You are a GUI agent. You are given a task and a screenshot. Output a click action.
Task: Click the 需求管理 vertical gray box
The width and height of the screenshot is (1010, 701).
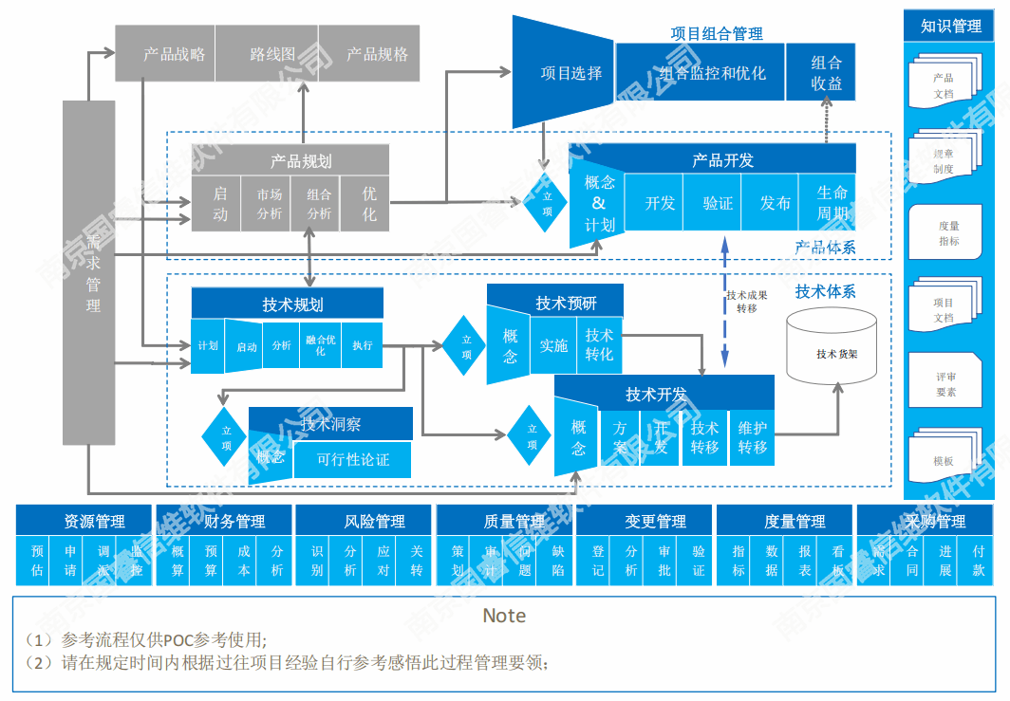pos(88,272)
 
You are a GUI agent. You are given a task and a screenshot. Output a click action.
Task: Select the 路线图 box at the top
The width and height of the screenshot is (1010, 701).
pos(268,54)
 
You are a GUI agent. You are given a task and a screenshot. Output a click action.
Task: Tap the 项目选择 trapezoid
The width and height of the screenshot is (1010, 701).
pos(565,73)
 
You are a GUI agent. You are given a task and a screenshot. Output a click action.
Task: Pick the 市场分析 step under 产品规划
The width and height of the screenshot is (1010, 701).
pos(270,203)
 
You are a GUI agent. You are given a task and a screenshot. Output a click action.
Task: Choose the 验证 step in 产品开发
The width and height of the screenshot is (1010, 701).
pos(718,202)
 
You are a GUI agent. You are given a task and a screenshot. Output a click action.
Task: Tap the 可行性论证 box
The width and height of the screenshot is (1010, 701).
pos(353,460)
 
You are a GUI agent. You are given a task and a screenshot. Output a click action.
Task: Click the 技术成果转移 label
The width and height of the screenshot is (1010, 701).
pos(746,301)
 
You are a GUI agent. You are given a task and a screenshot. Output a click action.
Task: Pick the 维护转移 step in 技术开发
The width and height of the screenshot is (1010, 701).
pos(752,437)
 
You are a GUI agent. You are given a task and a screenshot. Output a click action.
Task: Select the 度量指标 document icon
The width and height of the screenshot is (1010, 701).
pos(946,233)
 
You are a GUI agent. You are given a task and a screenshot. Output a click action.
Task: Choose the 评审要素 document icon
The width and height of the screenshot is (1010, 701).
pos(945,383)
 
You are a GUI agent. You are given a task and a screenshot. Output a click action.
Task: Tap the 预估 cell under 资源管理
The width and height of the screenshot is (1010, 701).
pos(37,561)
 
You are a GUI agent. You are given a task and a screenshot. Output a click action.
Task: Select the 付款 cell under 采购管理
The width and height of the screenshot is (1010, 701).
pos(978,561)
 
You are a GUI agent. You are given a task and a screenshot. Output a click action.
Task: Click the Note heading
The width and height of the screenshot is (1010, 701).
pos(504,616)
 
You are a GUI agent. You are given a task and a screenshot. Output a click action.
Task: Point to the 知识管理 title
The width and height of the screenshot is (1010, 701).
pos(951,27)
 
